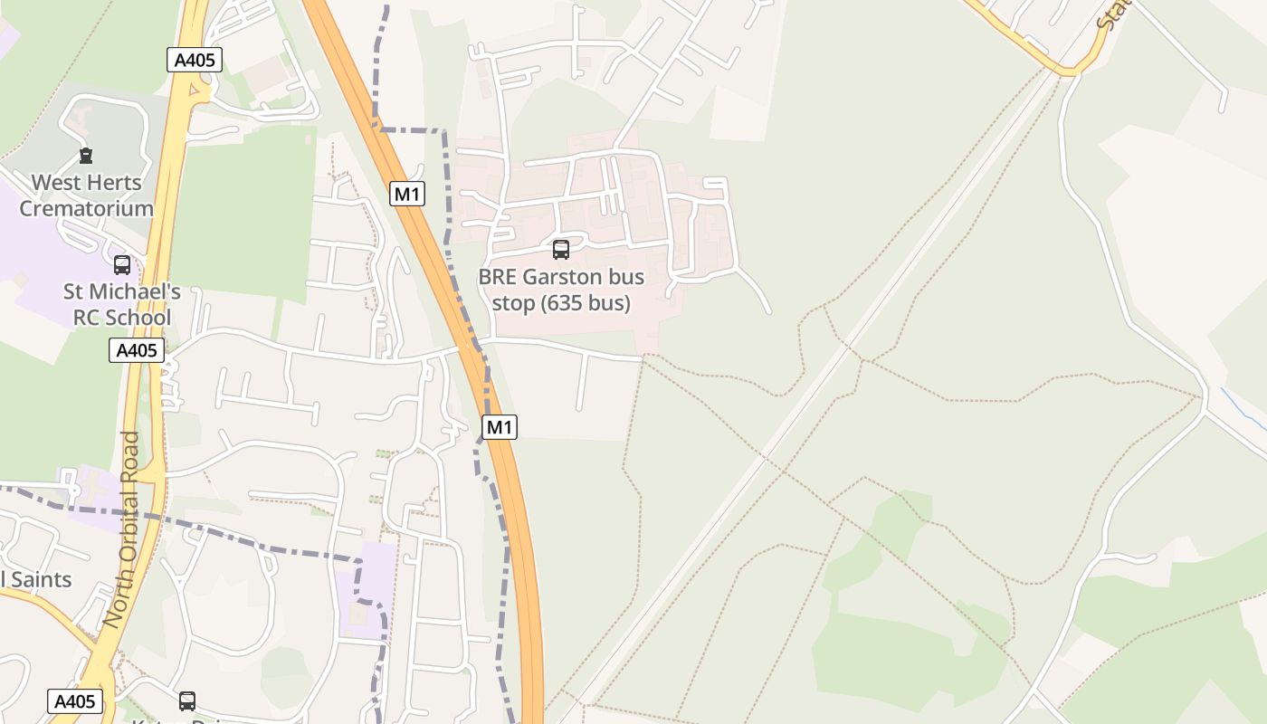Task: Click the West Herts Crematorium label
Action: click(x=87, y=195)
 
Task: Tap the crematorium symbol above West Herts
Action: click(x=86, y=156)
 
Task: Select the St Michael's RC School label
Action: click(x=121, y=305)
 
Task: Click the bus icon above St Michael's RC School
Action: click(x=122, y=265)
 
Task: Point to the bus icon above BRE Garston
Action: click(x=561, y=250)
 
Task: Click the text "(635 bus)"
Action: click(x=586, y=303)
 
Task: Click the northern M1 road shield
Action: click(x=407, y=194)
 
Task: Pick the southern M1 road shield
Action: click(x=500, y=427)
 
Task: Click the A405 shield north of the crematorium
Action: click(x=195, y=61)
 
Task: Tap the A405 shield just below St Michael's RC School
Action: click(x=137, y=350)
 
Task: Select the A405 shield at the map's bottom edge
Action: click(x=75, y=701)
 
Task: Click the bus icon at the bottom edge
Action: click(x=187, y=700)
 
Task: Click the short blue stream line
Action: click(x=1242, y=407)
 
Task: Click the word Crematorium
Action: click(x=87, y=208)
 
